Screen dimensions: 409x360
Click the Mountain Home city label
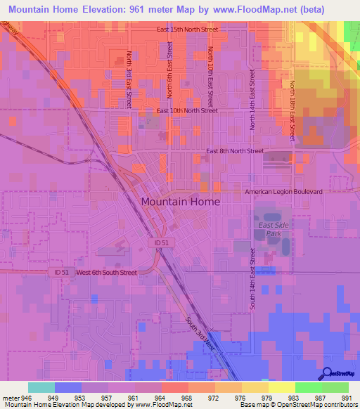click(x=180, y=201)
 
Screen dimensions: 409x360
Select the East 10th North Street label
click(x=186, y=111)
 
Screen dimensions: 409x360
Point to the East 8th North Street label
click(x=235, y=151)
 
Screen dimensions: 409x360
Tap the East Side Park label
click(x=270, y=229)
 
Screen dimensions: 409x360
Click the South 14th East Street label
click(x=252, y=279)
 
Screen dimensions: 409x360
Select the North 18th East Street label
click(x=292, y=110)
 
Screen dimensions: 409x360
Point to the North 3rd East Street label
click(x=129, y=79)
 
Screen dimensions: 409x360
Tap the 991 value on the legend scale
click(x=347, y=397)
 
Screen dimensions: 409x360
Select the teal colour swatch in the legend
click(x=41, y=387)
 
